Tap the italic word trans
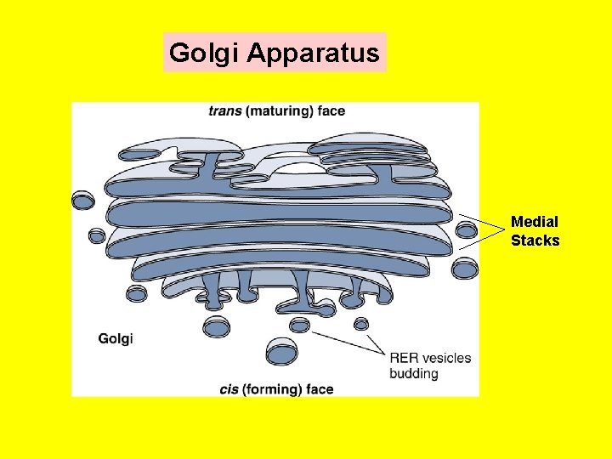224,110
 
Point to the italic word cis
229,389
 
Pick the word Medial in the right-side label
535,222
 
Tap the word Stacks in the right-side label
535,241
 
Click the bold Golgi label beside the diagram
116,339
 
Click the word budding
414,373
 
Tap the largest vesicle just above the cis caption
281,351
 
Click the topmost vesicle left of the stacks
82,201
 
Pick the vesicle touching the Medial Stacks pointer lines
467,229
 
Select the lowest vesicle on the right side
464,269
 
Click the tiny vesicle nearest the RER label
361,324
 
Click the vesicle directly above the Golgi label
136,294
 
